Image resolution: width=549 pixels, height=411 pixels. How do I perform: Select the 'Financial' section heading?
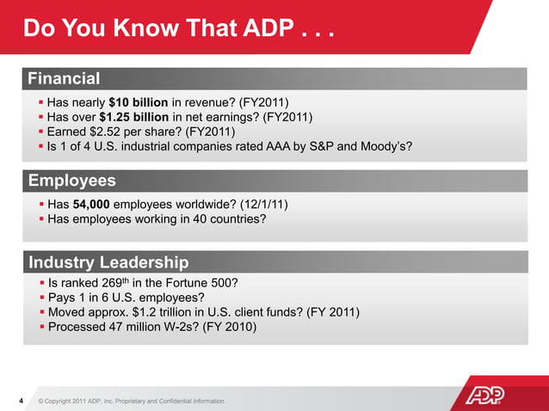(x=65, y=79)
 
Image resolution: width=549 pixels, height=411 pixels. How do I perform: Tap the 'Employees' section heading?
(x=72, y=181)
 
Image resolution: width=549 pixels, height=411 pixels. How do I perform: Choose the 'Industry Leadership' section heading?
(x=108, y=261)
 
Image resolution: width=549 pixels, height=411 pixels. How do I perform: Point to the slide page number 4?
(x=22, y=401)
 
